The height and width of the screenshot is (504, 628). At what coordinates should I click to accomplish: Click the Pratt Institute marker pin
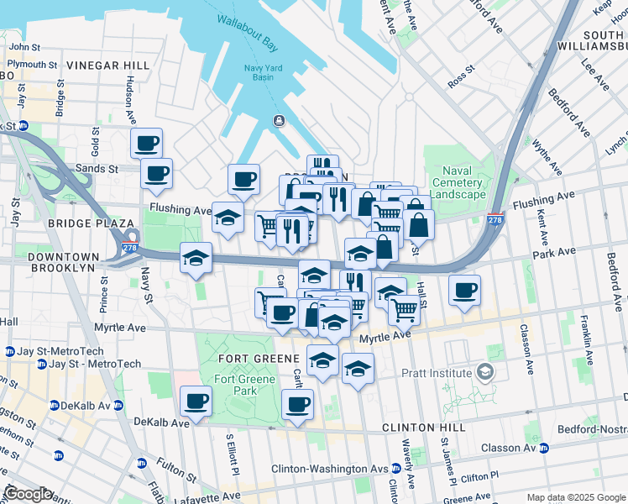coord(484,370)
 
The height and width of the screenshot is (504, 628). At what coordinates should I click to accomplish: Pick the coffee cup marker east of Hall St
coord(464,291)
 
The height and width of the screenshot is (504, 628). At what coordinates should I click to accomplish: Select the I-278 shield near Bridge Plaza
coord(130,249)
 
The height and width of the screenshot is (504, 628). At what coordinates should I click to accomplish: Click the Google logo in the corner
coord(29,494)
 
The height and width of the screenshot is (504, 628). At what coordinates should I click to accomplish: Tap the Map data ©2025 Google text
coord(576,497)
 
